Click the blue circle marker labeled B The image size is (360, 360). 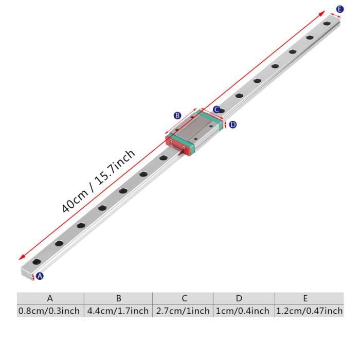pos(177,116)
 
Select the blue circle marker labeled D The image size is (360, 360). pos(232,124)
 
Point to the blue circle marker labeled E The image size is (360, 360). pos(339,9)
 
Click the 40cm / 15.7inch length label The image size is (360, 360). pos(98,181)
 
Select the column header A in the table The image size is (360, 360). pos(50,298)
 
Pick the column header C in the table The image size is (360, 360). pos(183,298)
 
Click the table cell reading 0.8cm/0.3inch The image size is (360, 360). pos(50,311)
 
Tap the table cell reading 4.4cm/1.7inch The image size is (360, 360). pos(118,311)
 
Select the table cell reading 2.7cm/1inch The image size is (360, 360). pos(183,311)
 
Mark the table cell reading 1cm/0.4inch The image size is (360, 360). pos(244,311)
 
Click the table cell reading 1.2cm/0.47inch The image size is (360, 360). pos(309,311)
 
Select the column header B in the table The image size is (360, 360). pos(118,298)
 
